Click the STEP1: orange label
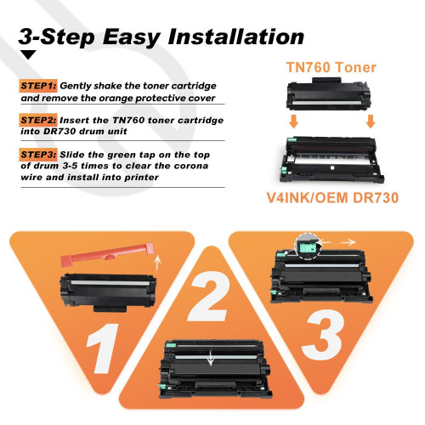(x=38, y=87)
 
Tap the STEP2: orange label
(x=38, y=121)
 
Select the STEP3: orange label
(x=38, y=155)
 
